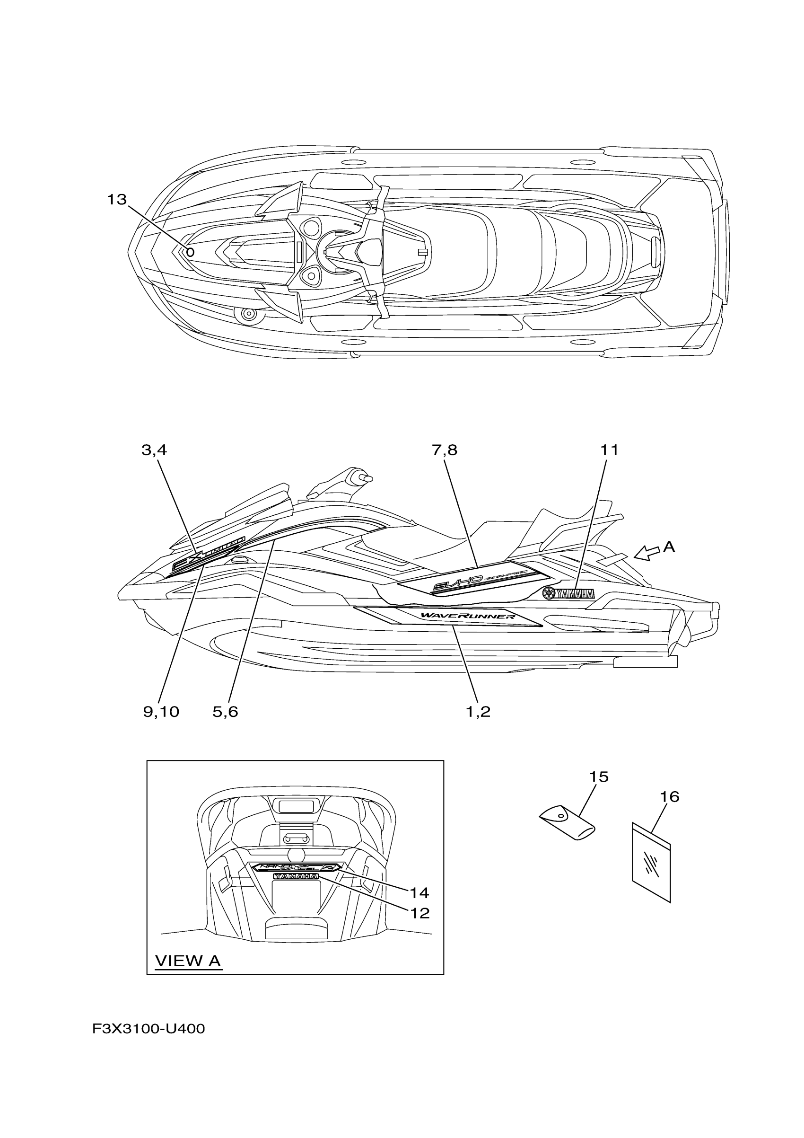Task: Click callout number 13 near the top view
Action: [x=117, y=200]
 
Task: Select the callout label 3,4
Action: [x=154, y=450]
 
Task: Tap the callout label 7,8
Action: [x=445, y=450]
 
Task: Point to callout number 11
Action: [x=609, y=450]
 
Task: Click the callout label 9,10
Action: [x=161, y=712]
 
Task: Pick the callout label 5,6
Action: [x=226, y=712]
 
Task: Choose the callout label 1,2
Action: [x=478, y=712]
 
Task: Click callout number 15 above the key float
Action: [x=599, y=776]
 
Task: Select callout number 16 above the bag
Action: [x=669, y=797]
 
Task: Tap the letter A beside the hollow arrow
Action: [x=669, y=547]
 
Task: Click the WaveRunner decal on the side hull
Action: [x=468, y=617]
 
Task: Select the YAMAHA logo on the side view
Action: [x=568, y=593]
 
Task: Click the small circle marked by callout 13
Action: [x=190, y=252]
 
